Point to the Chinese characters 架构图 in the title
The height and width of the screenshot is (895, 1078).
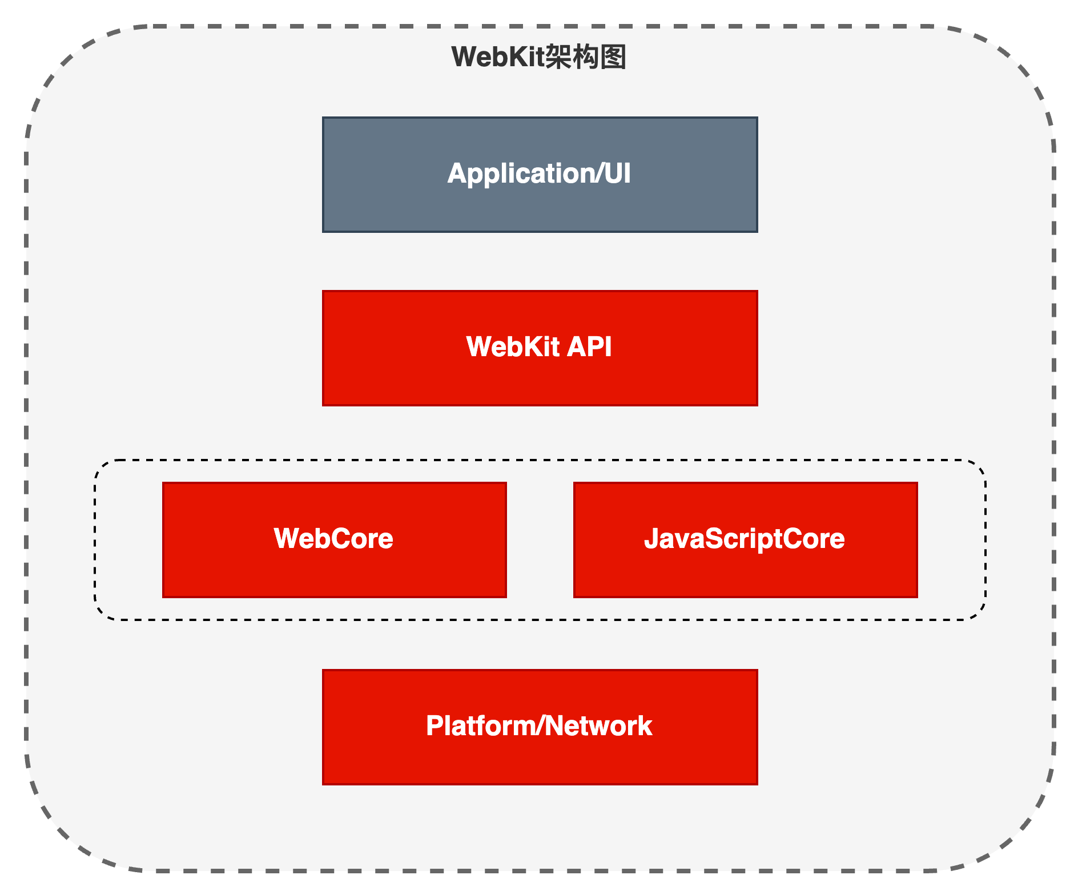click(585, 57)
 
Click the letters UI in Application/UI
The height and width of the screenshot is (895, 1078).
click(617, 174)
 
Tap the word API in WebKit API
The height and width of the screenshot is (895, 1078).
click(589, 346)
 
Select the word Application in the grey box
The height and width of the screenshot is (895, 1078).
click(520, 174)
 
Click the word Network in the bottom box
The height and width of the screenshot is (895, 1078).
click(598, 725)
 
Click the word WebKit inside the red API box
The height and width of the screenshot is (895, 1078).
click(513, 346)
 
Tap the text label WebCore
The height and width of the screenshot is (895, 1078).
click(334, 538)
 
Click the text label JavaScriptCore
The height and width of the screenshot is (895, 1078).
click(745, 538)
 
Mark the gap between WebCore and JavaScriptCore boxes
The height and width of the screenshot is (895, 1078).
click(540, 539)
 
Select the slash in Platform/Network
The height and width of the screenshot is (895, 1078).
click(540, 725)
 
